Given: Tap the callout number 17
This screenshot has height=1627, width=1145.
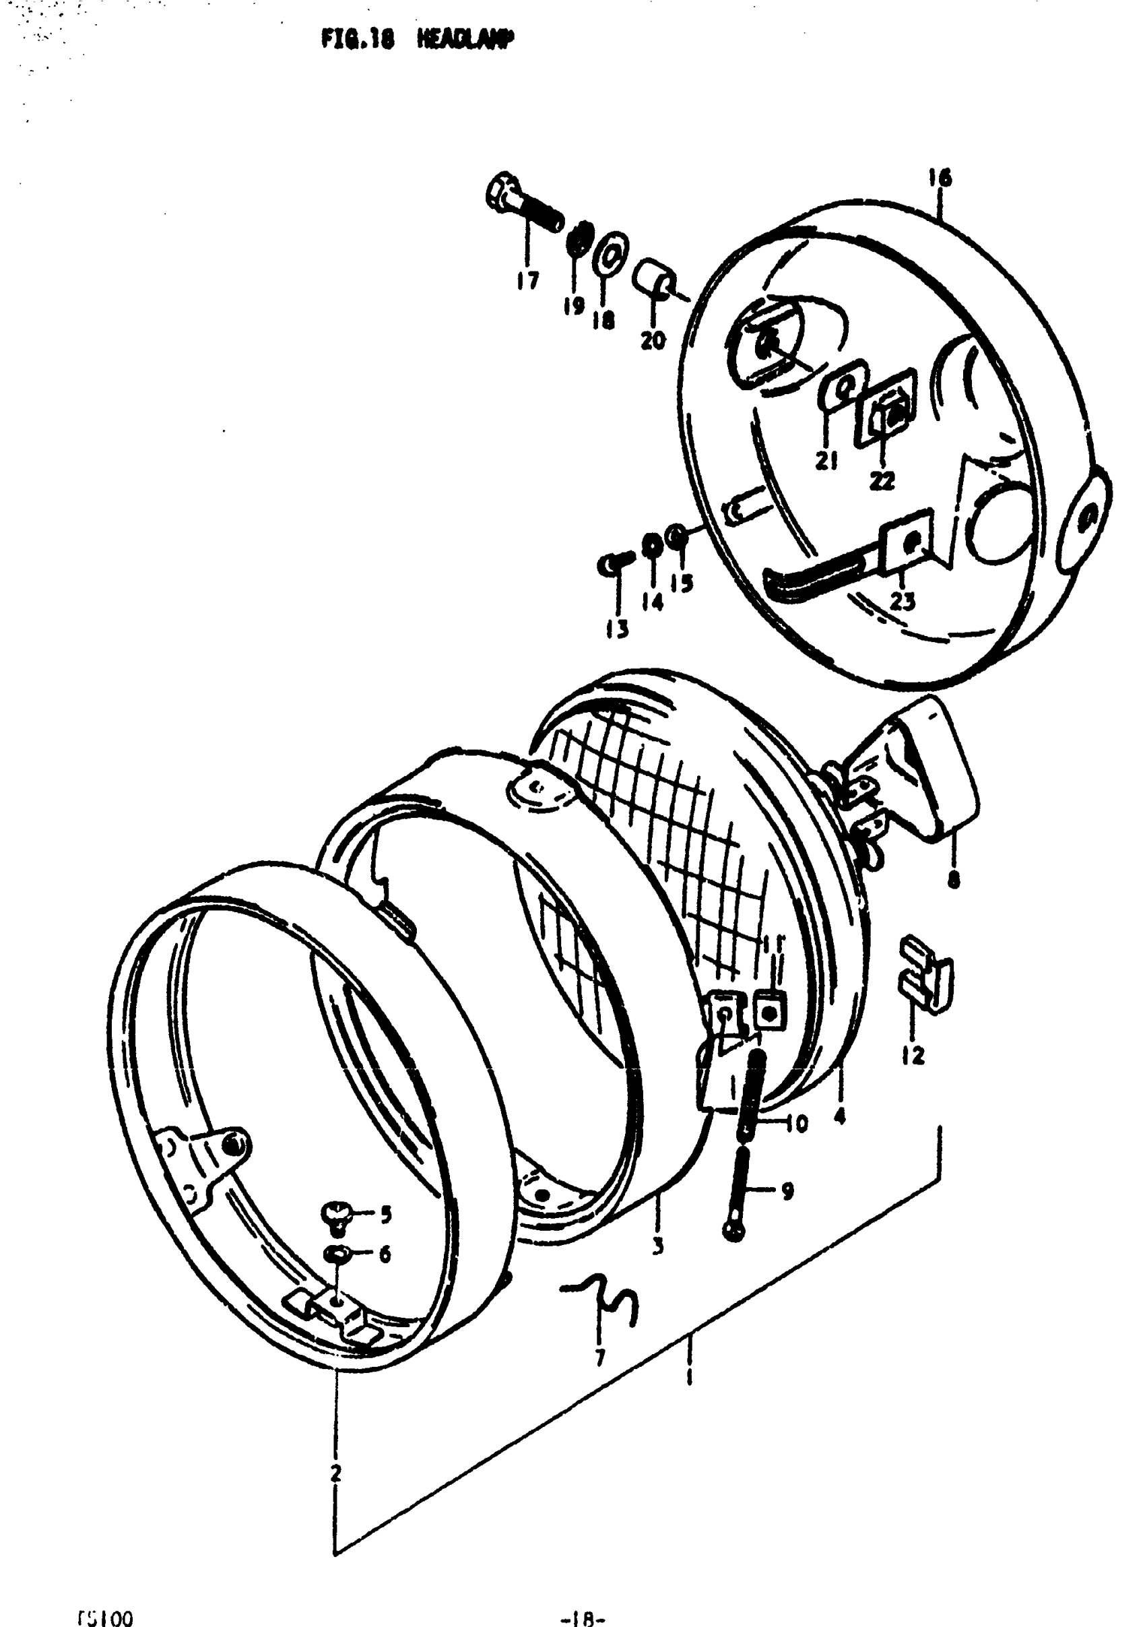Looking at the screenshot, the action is [x=527, y=281].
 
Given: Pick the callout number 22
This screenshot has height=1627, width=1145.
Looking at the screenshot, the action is [x=882, y=481].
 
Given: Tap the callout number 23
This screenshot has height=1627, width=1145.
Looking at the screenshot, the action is [x=902, y=602].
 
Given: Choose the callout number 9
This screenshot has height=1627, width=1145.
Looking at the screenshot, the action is [x=787, y=1191].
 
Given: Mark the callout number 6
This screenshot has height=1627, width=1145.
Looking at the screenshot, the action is [x=385, y=1255].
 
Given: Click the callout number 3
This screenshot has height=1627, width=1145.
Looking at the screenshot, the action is [x=657, y=1245].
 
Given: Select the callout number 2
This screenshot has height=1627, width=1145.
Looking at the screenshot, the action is [x=335, y=1473].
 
